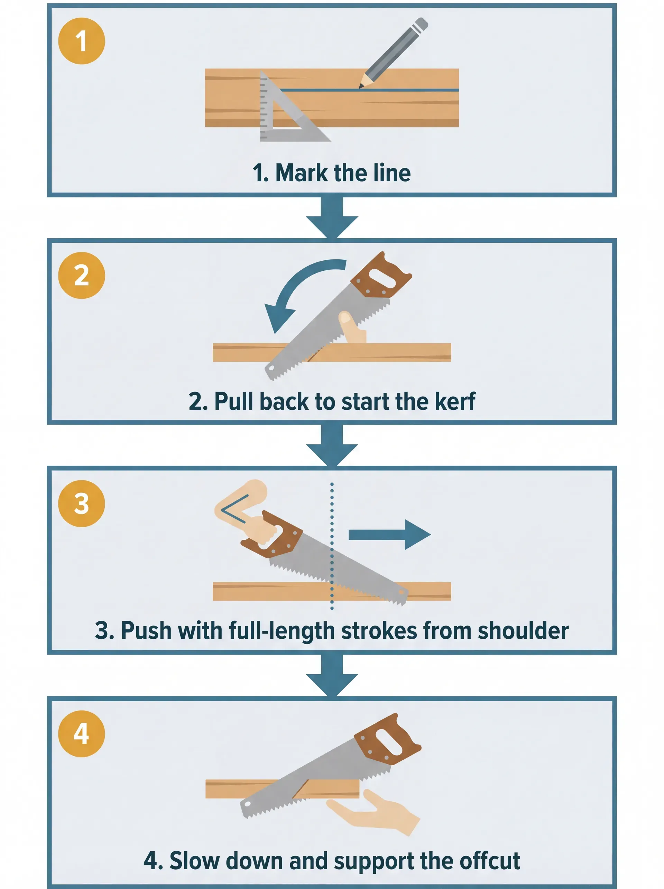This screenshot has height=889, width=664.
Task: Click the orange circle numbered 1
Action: click(x=82, y=41)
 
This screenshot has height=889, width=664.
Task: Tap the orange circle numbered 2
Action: click(x=82, y=275)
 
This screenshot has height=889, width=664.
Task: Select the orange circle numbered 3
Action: click(x=82, y=503)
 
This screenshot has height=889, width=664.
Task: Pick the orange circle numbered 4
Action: click(x=82, y=733)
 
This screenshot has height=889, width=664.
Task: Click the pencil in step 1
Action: click(x=394, y=52)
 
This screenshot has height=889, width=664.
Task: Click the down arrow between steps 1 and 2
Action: click(x=332, y=219)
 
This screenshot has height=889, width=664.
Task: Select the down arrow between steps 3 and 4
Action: click(x=332, y=677)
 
